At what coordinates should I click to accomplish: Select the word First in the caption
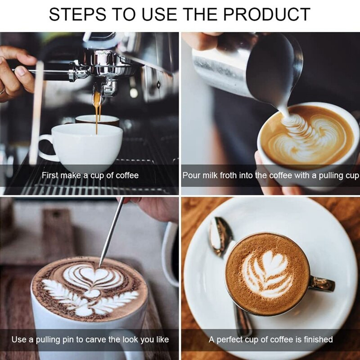pyautogui.click(x=50, y=175)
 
